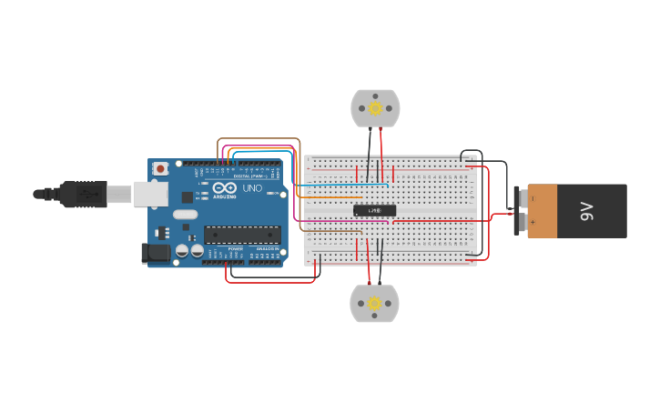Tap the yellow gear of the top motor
coord(375,109)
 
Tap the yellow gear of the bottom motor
coord(374,304)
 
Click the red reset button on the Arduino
coord(161,168)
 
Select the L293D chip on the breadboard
coord(374,211)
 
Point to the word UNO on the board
coord(252,188)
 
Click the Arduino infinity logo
coord(224,187)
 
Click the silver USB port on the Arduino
coord(151,193)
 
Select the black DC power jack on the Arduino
coord(156,254)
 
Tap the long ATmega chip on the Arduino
coord(241,234)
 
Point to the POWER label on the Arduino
coord(235,248)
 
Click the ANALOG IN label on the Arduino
coord(268,248)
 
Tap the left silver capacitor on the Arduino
coord(182,250)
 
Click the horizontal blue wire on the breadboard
coord(341,186)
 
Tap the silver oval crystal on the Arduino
coord(184,215)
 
